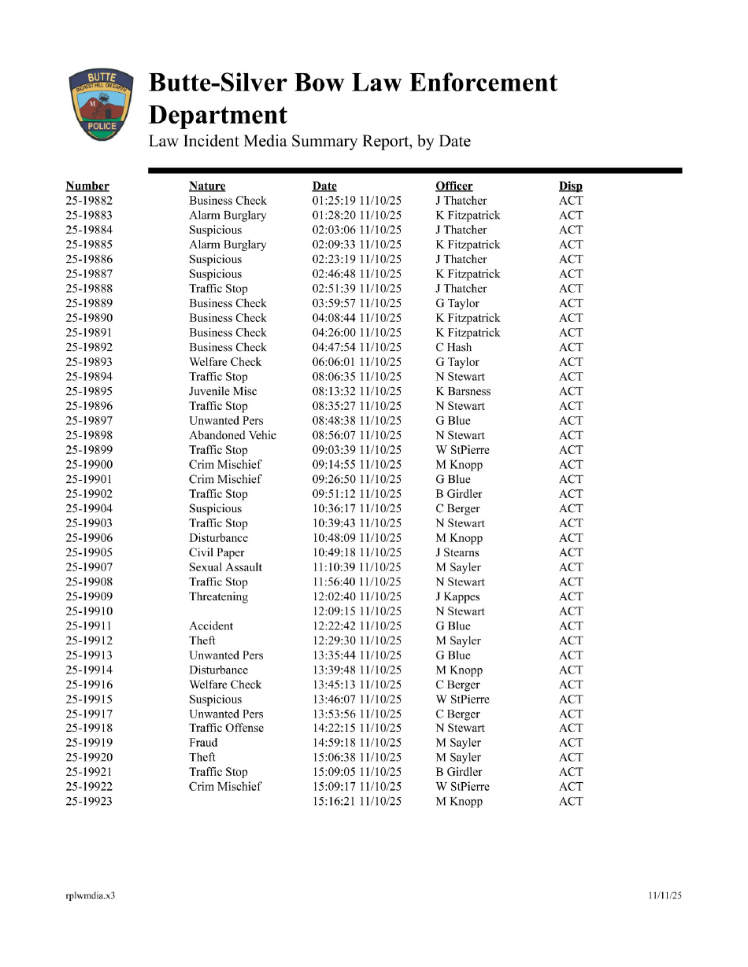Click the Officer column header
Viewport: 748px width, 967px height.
(454, 186)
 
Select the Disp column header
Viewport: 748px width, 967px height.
(570, 186)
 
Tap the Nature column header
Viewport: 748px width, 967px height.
(207, 186)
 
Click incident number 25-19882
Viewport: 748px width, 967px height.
(88, 201)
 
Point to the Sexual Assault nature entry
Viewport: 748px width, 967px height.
(225, 567)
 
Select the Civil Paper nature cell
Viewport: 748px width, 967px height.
(217, 552)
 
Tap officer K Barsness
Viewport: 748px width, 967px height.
(463, 391)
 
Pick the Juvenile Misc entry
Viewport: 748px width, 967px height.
(223, 391)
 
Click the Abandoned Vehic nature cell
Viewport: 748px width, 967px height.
(232, 435)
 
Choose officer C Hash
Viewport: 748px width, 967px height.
(454, 347)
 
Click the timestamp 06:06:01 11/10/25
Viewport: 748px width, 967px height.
(357, 362)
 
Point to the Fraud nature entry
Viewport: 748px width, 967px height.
(203, 743)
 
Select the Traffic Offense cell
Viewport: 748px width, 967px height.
(227, 728)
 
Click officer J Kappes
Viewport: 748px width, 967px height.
(457, 596)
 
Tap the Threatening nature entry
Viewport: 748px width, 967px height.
(218, 596)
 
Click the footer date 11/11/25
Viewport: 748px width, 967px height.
(665, 895)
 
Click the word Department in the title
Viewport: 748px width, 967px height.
(218, 115)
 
